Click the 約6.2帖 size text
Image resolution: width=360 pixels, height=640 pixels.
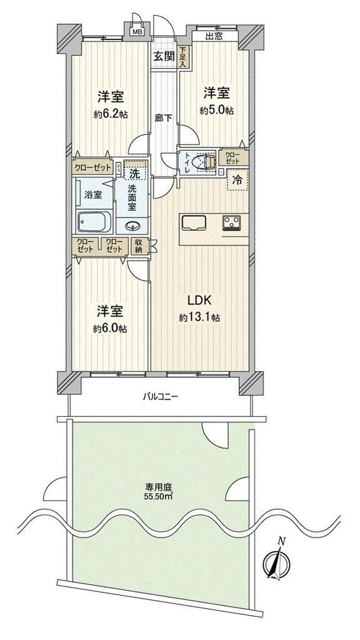[111, 115]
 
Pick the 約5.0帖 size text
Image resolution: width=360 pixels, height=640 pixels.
[217, 111]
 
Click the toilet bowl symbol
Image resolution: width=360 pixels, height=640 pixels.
[205, 161]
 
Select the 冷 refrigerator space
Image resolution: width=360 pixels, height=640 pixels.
[237, 180]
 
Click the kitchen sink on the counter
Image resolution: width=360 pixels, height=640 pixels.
[194, 223]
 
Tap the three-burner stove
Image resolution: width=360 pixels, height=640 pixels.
[232, 223]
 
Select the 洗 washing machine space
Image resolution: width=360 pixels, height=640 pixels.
[135, 170]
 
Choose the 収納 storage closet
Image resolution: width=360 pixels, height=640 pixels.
[138, 246]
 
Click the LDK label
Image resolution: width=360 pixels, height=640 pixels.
[199, 301]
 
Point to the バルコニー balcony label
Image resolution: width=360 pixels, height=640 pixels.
[160, 396]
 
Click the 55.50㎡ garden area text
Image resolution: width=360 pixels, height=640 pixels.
[159, 497]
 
